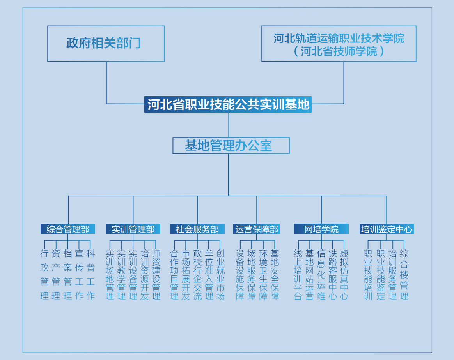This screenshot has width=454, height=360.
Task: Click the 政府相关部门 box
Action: point(106,44)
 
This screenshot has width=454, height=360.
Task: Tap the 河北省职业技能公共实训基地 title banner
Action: point(228,104)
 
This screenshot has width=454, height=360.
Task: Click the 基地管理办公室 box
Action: point(231,145)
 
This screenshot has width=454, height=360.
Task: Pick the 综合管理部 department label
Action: point(67,229)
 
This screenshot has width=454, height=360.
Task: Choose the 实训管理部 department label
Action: point(133,229)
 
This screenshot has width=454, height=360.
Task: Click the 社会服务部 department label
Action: point(197,229)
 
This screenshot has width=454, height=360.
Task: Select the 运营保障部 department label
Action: point(257,229)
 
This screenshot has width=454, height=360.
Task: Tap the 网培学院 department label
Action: point(321,229)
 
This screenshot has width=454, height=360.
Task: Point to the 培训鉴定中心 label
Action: point(387,229)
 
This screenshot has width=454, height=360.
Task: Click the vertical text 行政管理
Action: point(44,275)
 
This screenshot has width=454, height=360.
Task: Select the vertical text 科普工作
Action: point(90,275)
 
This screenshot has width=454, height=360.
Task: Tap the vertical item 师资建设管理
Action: point(156,275)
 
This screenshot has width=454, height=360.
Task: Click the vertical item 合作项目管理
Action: point(174,275)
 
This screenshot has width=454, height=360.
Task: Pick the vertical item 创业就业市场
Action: point(220,275)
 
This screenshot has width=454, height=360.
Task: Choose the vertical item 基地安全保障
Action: point(275,275)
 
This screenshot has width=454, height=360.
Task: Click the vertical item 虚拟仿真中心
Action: point(344,275)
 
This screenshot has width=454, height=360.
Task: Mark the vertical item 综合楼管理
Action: point(404,275)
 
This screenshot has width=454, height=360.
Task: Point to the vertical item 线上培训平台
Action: point(298,275)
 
